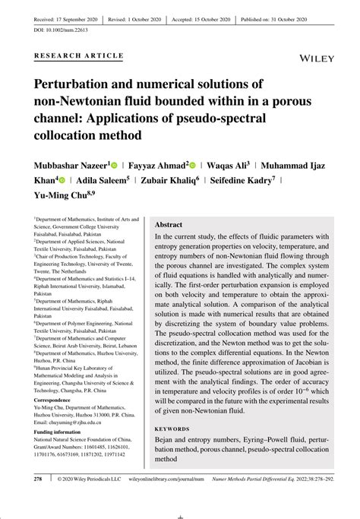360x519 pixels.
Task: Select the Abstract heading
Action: (x=169, y=226)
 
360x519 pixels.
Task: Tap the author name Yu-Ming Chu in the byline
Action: (x=58, y=197)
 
